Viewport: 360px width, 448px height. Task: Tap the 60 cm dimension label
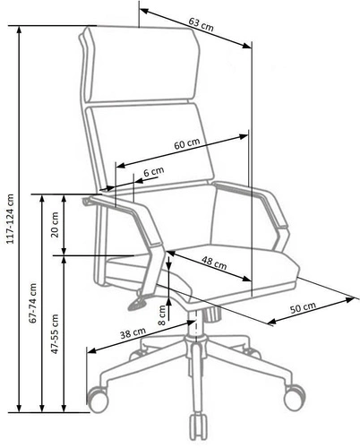click(186, 144)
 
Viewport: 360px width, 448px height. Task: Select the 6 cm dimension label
click(154, 170)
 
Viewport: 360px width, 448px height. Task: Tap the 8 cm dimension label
click(162, 314)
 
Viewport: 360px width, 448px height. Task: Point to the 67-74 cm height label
click(32, 305)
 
